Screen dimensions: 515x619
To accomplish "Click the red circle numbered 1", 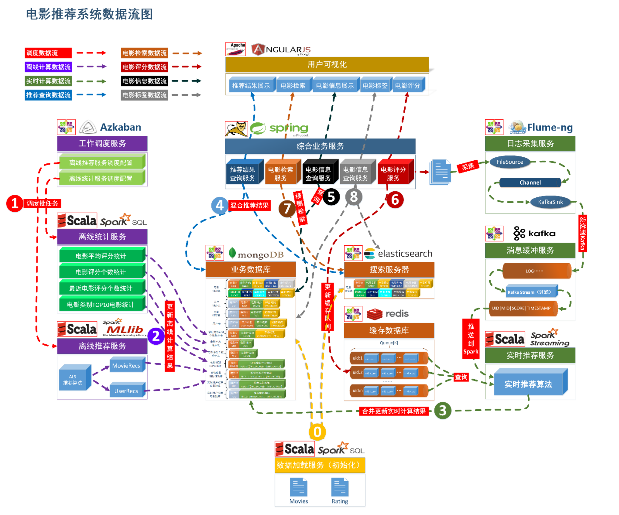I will click(14, 204).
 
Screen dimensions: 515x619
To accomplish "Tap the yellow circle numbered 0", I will click(317, 432).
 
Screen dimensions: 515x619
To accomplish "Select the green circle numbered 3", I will click(442, 410).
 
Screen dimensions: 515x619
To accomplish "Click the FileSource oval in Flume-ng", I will click(510, 162).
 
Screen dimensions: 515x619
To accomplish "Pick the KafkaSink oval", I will click(550, 202).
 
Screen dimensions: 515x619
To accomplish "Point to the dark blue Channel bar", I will click(530, 183).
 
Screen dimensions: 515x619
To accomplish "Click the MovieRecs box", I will click(126, 366).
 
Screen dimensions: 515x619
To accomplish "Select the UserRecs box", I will click(126, 391).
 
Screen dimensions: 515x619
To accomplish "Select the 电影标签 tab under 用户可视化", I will click(375, 86).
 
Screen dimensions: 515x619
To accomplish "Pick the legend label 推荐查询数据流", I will click(48, 95).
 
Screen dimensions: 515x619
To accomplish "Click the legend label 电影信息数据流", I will click(144, 81).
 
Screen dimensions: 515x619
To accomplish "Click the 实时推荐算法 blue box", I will click(528, 384).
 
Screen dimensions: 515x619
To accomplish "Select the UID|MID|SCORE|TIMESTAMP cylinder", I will click(521, 308).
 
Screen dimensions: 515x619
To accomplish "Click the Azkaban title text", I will click(120, 127).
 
